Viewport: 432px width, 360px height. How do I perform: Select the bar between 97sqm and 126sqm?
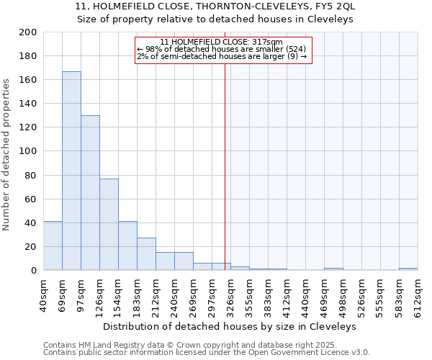click(x=90, y=192)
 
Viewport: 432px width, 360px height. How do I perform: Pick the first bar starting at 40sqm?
click(x=53, y=246)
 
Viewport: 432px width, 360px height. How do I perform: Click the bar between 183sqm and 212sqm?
click(x=146, y=253)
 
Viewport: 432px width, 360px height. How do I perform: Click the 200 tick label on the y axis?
click(x=28, y=32)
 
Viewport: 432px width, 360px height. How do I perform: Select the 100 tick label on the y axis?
click(x=28, y=151)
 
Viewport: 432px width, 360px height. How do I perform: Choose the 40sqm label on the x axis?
click(x=44, y=293)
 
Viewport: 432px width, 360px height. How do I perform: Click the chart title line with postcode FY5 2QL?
click(x=215, y=6)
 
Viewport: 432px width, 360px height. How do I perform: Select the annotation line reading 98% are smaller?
click(x=222, y=49)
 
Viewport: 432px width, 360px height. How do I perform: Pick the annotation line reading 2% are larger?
click(x=222, y=56)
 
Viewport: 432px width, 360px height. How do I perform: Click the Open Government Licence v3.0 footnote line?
click(x=207, y=352)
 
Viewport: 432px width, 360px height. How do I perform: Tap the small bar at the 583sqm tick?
click(x=408, y=269)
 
